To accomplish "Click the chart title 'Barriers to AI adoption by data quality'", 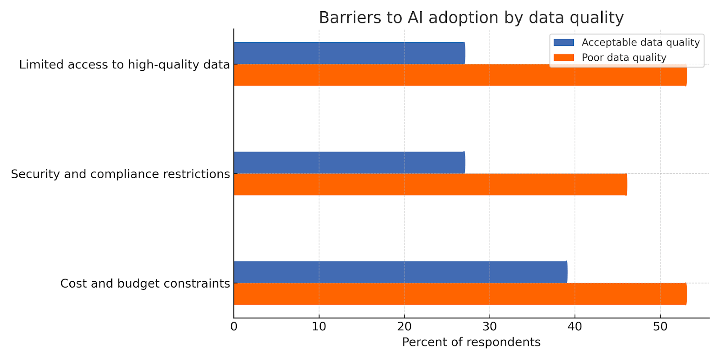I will pos(471,18).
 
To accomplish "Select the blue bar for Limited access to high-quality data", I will pos(349,53).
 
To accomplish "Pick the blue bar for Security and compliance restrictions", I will pos(349,162).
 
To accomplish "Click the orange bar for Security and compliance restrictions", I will pos(430,184).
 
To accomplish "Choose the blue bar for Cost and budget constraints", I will pos(400,272).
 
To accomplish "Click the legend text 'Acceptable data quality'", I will pos(640,42).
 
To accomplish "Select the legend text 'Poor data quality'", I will pos(624,58).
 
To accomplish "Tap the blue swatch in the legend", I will pos(563,42).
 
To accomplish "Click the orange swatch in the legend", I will pos(563,58).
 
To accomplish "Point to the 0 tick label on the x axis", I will pos(234,327).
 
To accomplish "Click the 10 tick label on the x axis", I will pos(319,327).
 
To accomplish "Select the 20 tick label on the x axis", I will pos(404,327).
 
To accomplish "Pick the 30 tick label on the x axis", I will pos(490,327).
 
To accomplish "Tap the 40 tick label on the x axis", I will pos(575,327).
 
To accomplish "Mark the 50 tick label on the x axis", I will pos(660,327).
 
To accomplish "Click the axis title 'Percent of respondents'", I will pos(471,342).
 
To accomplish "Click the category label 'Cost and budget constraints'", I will pos(145,283).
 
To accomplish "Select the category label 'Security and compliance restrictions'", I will pos(120,174).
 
